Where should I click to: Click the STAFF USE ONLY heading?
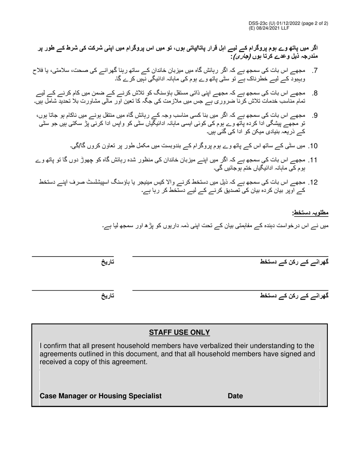click(x=179, y=333)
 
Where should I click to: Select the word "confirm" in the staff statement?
click(x=56, y=346)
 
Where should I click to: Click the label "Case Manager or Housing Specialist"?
click(x=100, y=396)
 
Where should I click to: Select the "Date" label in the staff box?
click(x=235, y=396)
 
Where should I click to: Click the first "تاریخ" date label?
click(x=107, y=262)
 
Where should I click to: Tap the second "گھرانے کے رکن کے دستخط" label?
click(x=294, y=296)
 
